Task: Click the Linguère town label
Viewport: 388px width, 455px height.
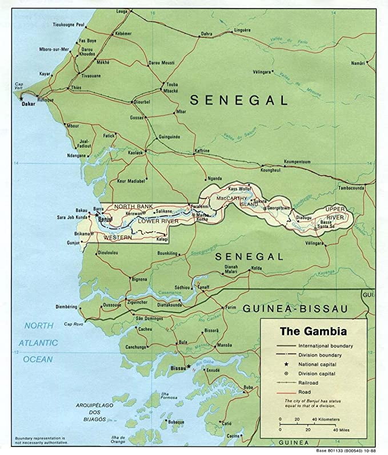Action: [242, 30]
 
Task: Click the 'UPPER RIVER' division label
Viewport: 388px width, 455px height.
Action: [335, 213]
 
